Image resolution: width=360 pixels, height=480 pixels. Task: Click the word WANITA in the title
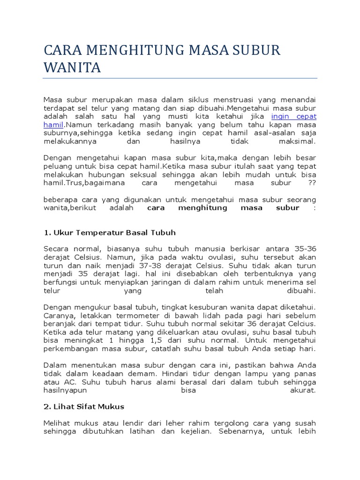(x=72, y=68)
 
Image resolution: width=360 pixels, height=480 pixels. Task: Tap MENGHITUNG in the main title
(x=126, y=50)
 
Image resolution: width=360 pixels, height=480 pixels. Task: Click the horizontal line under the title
(x=180, y=78)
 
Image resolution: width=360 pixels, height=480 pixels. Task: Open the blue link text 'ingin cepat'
(x=294, y=116)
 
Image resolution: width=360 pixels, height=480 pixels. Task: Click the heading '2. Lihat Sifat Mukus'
(x=84, y=406)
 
